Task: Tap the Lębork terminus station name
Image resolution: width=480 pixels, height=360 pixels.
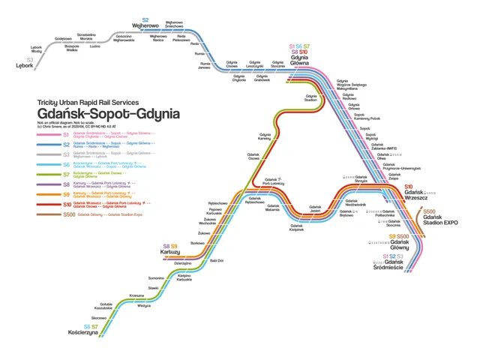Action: (25, 65)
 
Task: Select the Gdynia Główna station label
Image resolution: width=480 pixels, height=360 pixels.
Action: (300, 61)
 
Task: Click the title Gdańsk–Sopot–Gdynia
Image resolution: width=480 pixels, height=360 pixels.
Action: (108, 114)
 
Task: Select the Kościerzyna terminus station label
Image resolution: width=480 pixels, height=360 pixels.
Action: (88, 334)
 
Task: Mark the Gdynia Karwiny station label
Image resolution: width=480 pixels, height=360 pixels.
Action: (264, 137)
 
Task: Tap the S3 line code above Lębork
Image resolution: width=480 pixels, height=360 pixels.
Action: (30, 59)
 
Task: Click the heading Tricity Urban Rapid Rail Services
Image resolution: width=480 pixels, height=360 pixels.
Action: (88, 102)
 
